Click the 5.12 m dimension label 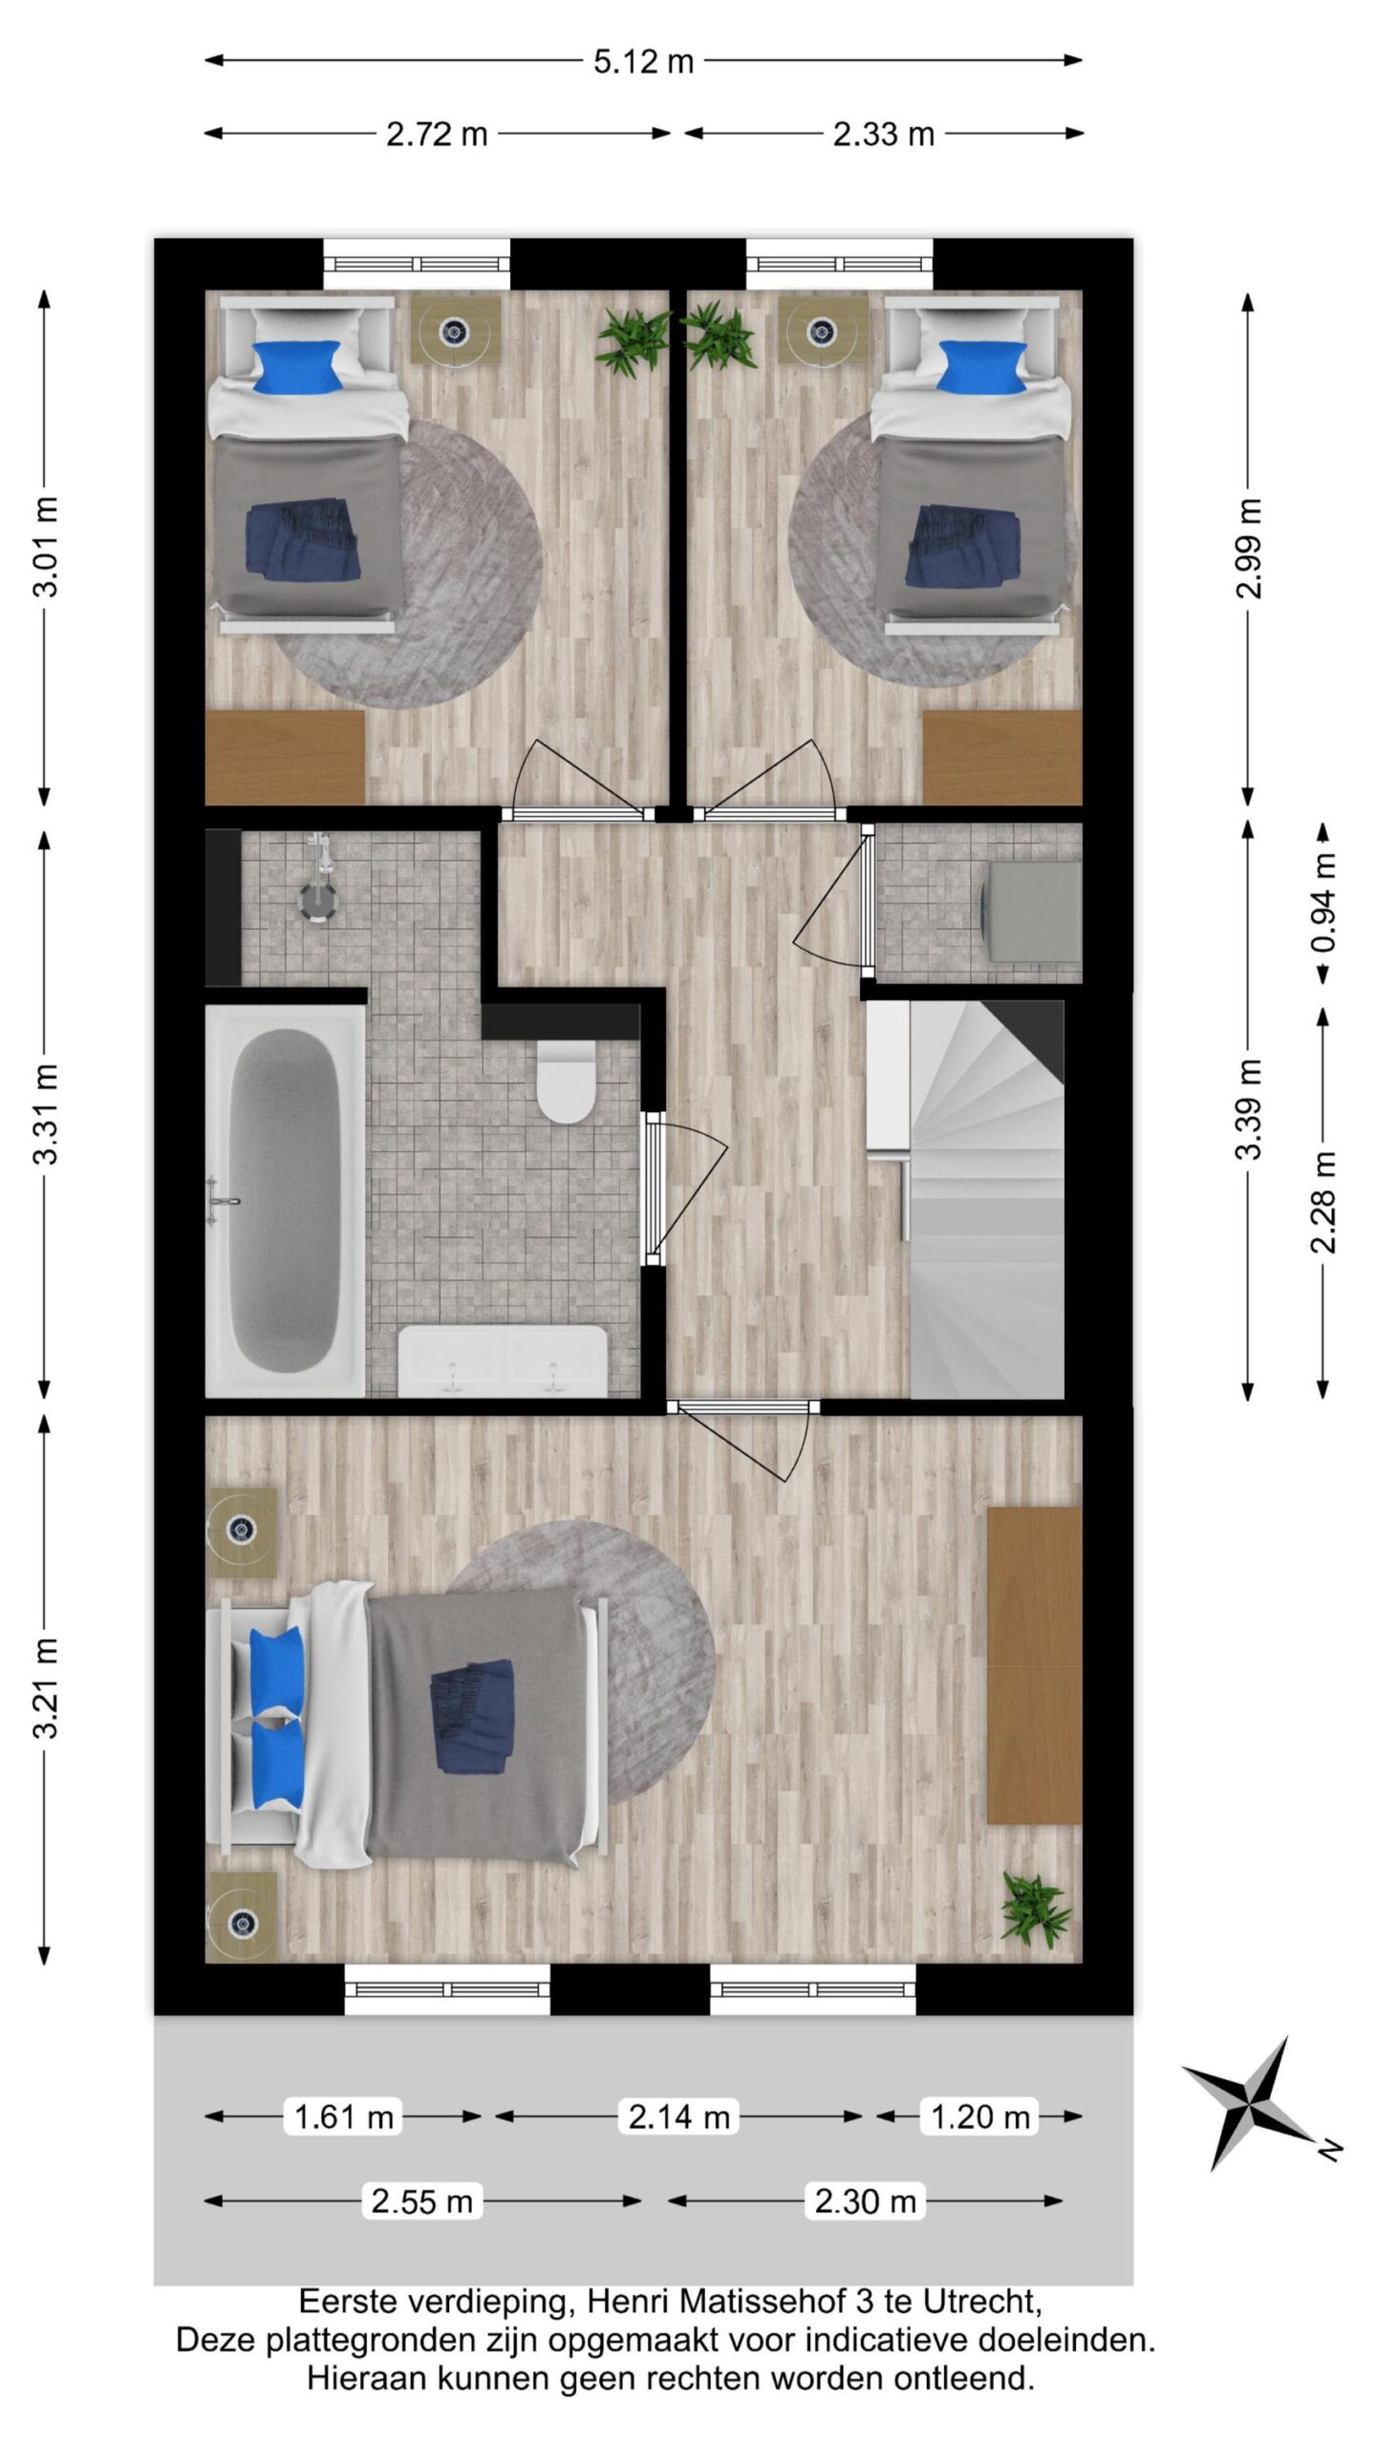643,62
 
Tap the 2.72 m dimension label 437,135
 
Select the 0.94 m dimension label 1324,902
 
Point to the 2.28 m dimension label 1324,1201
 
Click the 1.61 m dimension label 344,2116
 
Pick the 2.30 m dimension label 865,2201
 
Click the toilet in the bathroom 566,1081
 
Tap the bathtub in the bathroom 285,1199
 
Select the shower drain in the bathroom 316,900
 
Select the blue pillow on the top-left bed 297,367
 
